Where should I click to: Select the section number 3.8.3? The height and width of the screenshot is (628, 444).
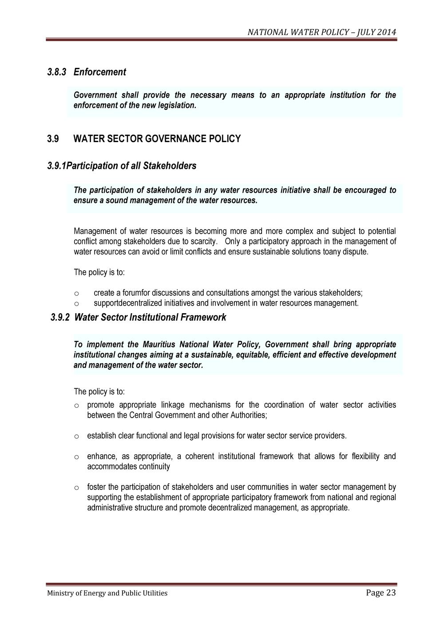(x=56, y=72)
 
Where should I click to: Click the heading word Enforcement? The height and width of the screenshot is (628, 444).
(x=100, y=72)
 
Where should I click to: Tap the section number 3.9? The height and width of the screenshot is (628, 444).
(x=53, y=139)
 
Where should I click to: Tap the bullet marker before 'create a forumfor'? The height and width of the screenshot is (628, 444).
(x=76, y=294)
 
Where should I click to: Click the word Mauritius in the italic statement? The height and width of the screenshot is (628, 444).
(x=159, y=345)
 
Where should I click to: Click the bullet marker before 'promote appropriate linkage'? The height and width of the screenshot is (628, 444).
(x=76, y=405)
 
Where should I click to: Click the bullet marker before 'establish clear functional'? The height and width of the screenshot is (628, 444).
(x=76, y=436)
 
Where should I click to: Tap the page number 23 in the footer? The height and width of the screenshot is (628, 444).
(x=390, y=593)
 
